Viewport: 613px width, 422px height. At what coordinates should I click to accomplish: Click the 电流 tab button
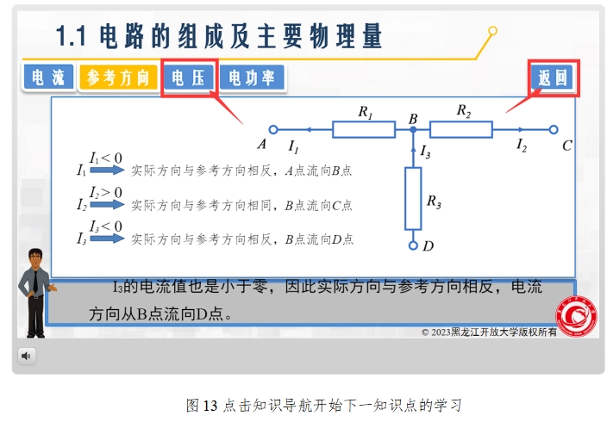pyautogui.click(x=48, y=77)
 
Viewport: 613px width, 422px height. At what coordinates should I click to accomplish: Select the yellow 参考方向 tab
pyautogui.click(x=118, y=78)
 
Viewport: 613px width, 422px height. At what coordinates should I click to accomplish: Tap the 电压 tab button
pyautogui.click(x=189, y=78)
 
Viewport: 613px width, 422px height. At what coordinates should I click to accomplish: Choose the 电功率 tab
pyautogui.click(x=252, y=78)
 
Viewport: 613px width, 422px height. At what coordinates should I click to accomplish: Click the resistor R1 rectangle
pyautogui.click(x=364, y=129)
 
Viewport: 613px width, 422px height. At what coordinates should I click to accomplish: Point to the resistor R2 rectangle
pyautogui.click(x=461, y=129)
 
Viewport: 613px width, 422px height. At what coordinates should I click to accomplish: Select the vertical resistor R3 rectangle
pyautogui.click(x=413, y=198)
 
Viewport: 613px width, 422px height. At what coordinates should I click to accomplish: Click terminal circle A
pyautogui.click(x=273, y=129)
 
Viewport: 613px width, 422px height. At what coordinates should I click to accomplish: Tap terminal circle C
pyautogui.click(x=554, y=129)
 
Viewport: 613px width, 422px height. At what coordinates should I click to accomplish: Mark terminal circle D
pyautogui.click(x=413, y=245)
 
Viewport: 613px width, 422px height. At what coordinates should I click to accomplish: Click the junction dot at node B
pyautogui.click(x=413, y=129)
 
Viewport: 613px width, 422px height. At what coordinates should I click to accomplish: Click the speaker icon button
pyautogui.click(x=27, y=356)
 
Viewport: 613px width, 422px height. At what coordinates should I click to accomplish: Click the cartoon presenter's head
pyautogui.click(x=35, y=258)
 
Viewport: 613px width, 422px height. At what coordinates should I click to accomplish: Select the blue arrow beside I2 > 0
pyautogui.click(x=107, y=204)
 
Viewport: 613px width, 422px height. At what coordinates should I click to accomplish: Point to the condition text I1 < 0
pyautogui.click(x=105, y=158)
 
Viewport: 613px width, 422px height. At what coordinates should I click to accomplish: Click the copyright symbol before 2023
pyautogui.click(x=425, y=332)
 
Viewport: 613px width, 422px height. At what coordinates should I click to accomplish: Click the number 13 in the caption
pyautogui.click(x=210, y=406)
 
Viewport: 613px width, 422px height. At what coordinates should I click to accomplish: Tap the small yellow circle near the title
pyautogui.click(x=492, y=30)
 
